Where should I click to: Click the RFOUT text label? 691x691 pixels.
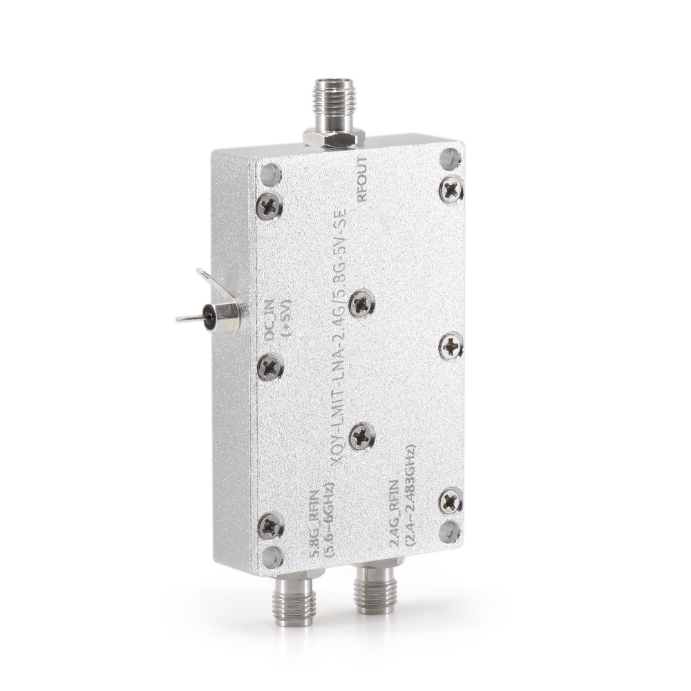tap(361, 179)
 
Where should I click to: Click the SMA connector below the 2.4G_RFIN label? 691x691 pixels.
tap(375, 591)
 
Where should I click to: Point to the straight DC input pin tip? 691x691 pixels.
tap(181, 319)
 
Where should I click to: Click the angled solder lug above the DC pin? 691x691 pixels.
tap(211, 280)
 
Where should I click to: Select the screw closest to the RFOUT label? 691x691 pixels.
tap(451, 188)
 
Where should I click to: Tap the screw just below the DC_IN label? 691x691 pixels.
tap(269, 367)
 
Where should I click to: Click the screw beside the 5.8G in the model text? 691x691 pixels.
tap(361, 303)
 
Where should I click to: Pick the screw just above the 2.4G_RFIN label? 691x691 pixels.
tap(361, 435)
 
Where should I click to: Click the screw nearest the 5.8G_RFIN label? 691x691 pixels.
tap(269, 527)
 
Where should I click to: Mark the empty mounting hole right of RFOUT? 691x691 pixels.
tap(451, 159)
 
